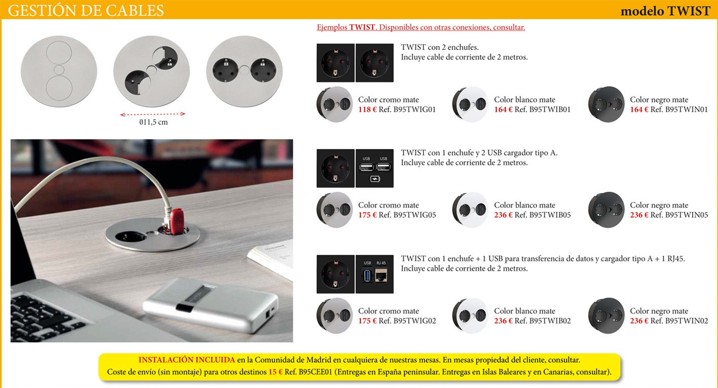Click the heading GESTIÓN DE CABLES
(x=86, y=10)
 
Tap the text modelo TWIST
(x=665, y=11)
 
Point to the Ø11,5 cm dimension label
(x=154, y=122)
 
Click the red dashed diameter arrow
(x=153, y=114)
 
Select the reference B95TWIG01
(x=414, y=110)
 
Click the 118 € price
(x=367, y=110)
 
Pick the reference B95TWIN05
(x=686, y=215)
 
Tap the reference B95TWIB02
(x=550, y=321)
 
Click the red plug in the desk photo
(x=177, y=221)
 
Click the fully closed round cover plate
(x=59, y=71)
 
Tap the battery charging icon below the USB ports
(x=375, y=179)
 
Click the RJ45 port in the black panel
(x=381, y=275)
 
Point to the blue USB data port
(x=367, y=275)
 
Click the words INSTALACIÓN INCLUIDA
(x=187, y=360)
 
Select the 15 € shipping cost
(x=275, y=372)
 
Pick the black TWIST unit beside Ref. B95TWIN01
(x=606, y=104)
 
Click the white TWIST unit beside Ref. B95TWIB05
(x=470, y=210)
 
